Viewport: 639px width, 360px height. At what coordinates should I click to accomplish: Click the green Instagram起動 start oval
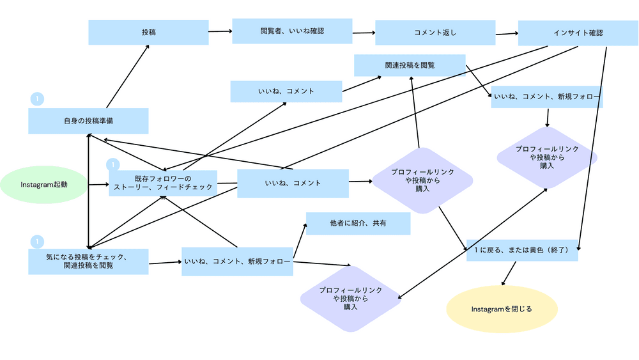tap(44, 184)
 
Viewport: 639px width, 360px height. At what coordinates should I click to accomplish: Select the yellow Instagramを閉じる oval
tap(502, 309)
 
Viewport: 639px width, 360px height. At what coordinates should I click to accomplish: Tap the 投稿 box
tap(148, 32)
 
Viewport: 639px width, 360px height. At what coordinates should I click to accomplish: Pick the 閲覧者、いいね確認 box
tap(292, 31)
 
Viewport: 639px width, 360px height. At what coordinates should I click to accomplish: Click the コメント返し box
tap(435, 33)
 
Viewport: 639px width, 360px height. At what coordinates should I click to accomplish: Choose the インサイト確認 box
tap(578, 33)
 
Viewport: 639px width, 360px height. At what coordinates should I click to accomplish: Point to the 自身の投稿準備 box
tap(88, 120)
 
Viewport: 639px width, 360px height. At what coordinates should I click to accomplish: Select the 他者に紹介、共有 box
tap(358, 223)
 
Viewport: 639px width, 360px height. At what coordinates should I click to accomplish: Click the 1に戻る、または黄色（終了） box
tap(522, 250)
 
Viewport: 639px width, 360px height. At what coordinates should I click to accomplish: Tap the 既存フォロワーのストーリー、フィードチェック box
tap(162, 183)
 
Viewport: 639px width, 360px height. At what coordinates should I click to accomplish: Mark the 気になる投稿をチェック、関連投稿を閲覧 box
tap(88, 261)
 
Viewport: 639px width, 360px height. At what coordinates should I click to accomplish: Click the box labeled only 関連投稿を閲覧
tap(410, 65)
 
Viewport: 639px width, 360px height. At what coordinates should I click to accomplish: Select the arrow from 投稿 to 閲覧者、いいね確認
tap(220, 31)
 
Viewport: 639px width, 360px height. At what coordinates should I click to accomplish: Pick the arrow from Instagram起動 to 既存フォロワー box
tap(98, 184)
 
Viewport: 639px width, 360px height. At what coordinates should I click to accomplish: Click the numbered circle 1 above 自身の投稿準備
tap(37, 99)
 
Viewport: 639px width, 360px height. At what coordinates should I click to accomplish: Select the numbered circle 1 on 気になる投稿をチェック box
tap(37, 242)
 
